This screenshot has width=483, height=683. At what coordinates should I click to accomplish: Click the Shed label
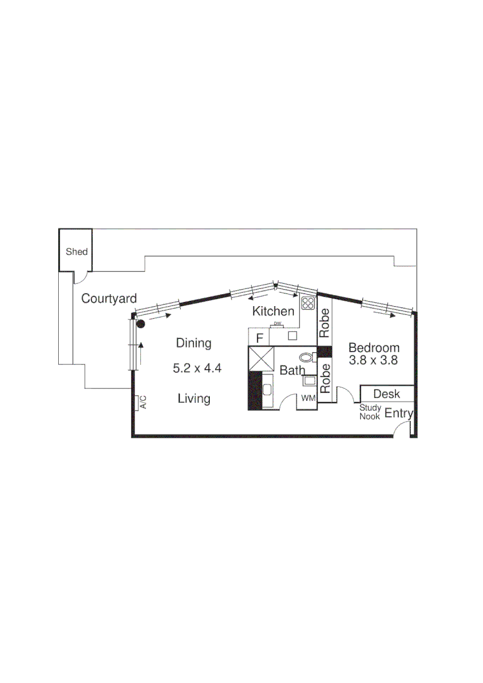coord(76,252)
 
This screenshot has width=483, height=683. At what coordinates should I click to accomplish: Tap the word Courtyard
coord(109,299)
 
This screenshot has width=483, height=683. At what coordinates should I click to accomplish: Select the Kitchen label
coord(273,311)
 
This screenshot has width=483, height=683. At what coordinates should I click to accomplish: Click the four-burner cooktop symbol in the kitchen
coord(308,303)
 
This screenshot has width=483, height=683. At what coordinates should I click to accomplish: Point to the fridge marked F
coord(259,338)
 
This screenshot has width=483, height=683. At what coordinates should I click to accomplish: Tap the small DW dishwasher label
coord(278,324)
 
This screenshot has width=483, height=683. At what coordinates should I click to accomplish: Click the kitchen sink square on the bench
coord(292,336)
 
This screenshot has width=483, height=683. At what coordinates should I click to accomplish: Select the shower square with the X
coord(260,358)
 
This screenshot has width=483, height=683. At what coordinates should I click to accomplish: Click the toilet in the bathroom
coord(306,357)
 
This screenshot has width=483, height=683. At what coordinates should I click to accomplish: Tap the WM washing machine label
coord(308,398)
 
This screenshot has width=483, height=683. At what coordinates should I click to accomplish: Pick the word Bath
coord(292,371)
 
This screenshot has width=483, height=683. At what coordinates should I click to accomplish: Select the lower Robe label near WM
coord(325,378)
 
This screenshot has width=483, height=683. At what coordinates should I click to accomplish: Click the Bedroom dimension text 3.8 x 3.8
coord(374,360)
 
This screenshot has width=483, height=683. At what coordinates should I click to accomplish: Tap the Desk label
coord(386,393)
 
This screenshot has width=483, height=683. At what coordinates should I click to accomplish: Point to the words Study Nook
coord(370,412)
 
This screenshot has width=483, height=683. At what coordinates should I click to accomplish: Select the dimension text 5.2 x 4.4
coord(197,368)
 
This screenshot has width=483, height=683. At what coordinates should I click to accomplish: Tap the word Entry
coord(399,414)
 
